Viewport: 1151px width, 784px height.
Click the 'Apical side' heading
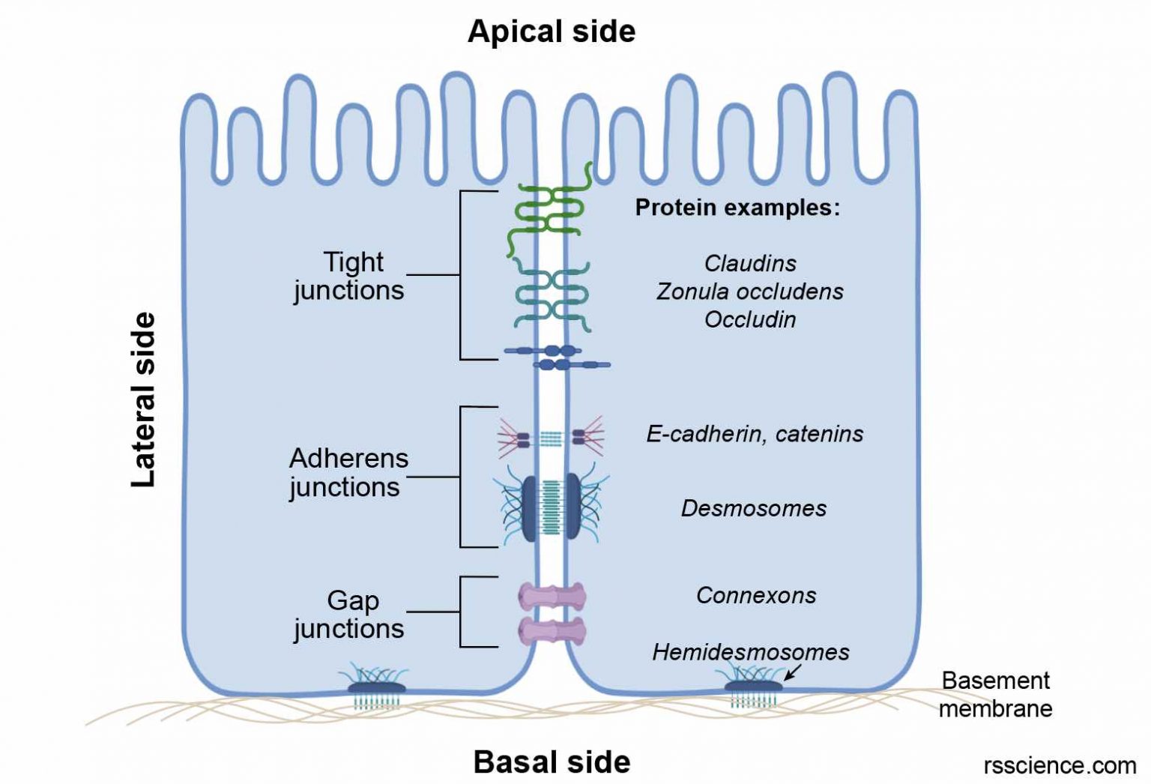pyautogui.click(x=552, y=31)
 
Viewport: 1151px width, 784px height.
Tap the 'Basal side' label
pyautogui.click(x=552, y=762)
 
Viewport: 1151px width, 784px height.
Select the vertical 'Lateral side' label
pyautogui.click(x=143, y=399)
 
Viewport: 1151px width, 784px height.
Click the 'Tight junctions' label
pyautogui.click(x=349, y=276)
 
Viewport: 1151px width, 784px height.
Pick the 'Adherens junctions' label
pyautogui.click(x=348, y=472)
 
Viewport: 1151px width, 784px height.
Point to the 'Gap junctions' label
pyautogui.click(x=349, y=614)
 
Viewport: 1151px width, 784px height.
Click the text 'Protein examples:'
pyautogui.click(x=737, y=207)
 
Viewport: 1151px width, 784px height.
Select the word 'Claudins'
pyautogui.click(x=750, y=263)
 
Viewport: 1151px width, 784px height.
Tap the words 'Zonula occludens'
pyautogui.click(x=750, y=291)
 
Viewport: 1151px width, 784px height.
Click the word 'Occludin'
pyautogui.click(x=750, y=319)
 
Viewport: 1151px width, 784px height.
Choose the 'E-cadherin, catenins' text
pyautogui.click(x=755, y=433)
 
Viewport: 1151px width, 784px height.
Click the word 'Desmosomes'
pyautogui.click(x=753, y=508)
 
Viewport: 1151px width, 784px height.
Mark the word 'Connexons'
pyautogui.click(x=756, y=595)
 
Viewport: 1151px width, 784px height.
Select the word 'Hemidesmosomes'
pyautogui.click(x=750, y=651)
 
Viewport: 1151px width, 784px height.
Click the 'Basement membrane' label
pyautogui.click(x=995, y=694)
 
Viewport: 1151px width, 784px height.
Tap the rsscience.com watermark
pyautogui.click(x=1060, y=765)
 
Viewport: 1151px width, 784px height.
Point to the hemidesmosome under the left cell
pyautogui.click(x=377, y=686)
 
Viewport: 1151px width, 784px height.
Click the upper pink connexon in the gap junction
pyautogui.click(x=552, y=597)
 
